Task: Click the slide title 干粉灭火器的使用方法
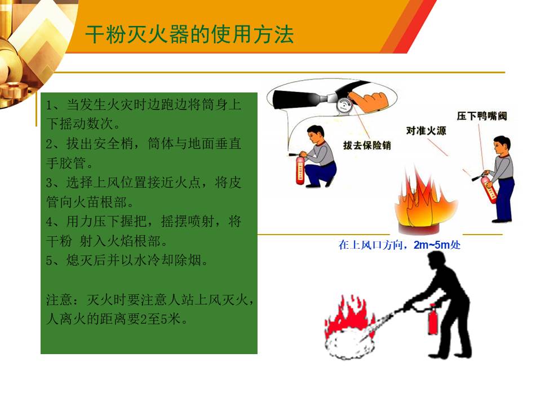coord(189,34)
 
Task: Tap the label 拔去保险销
coord(367,145)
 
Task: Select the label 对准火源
coord(426,130)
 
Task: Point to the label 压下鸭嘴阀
coord(482,116)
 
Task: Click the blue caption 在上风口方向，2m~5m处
coord(400,245)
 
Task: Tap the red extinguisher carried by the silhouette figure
coord(433,319)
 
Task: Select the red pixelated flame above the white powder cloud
coord(348,314)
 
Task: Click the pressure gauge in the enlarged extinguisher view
coord(344,104)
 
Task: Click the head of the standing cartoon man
coord(502,145)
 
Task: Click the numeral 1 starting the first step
coord(49,105)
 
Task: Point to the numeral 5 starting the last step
coord(49,261)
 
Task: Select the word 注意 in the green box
coord(59,299)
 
